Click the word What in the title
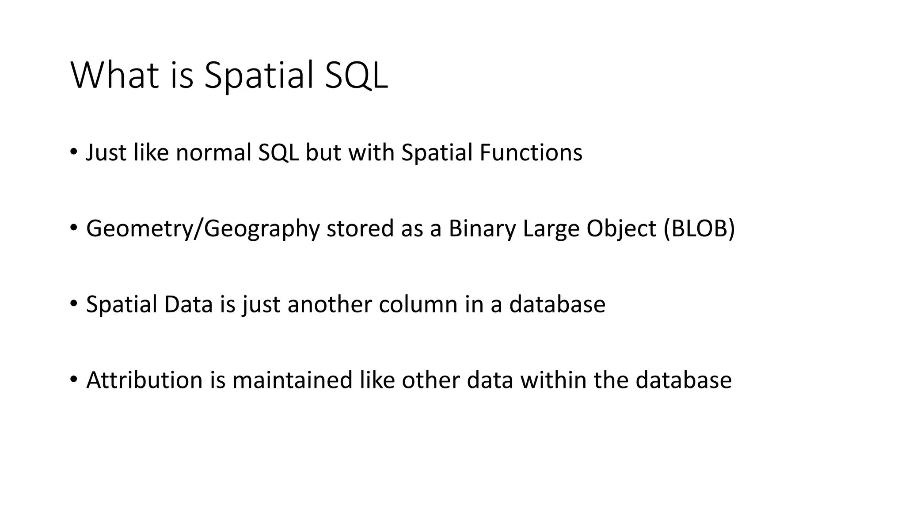pos(114,76)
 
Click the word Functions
pos(531,152)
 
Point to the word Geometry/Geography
pos(203,229)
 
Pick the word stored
pos(360,228)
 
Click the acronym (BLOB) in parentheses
pos(699,228)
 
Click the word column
pos(418,304)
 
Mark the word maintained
pos(292,380)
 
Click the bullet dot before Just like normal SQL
pos(73,152)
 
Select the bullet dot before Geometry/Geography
pos(73,228)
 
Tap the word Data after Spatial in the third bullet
pos(188,304)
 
